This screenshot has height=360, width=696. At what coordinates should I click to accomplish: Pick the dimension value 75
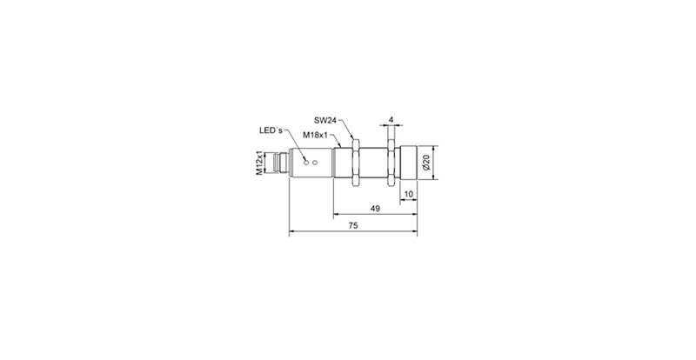pos(352,225)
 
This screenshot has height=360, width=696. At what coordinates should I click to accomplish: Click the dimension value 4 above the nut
pos(392,119)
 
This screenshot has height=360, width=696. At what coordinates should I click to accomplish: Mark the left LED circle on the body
pos(304,161)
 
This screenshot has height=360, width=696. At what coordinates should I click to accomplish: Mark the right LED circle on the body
pos(314,163)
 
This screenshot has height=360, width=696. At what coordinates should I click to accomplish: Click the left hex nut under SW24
pos(354,161)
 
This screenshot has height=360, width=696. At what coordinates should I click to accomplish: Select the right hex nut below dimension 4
pos(392,161)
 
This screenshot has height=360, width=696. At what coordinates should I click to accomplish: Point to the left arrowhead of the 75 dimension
pos(291,231)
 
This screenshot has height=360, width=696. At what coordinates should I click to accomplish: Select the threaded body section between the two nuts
pos(373,161)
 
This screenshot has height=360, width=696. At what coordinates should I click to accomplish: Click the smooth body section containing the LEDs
pos(313,162)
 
